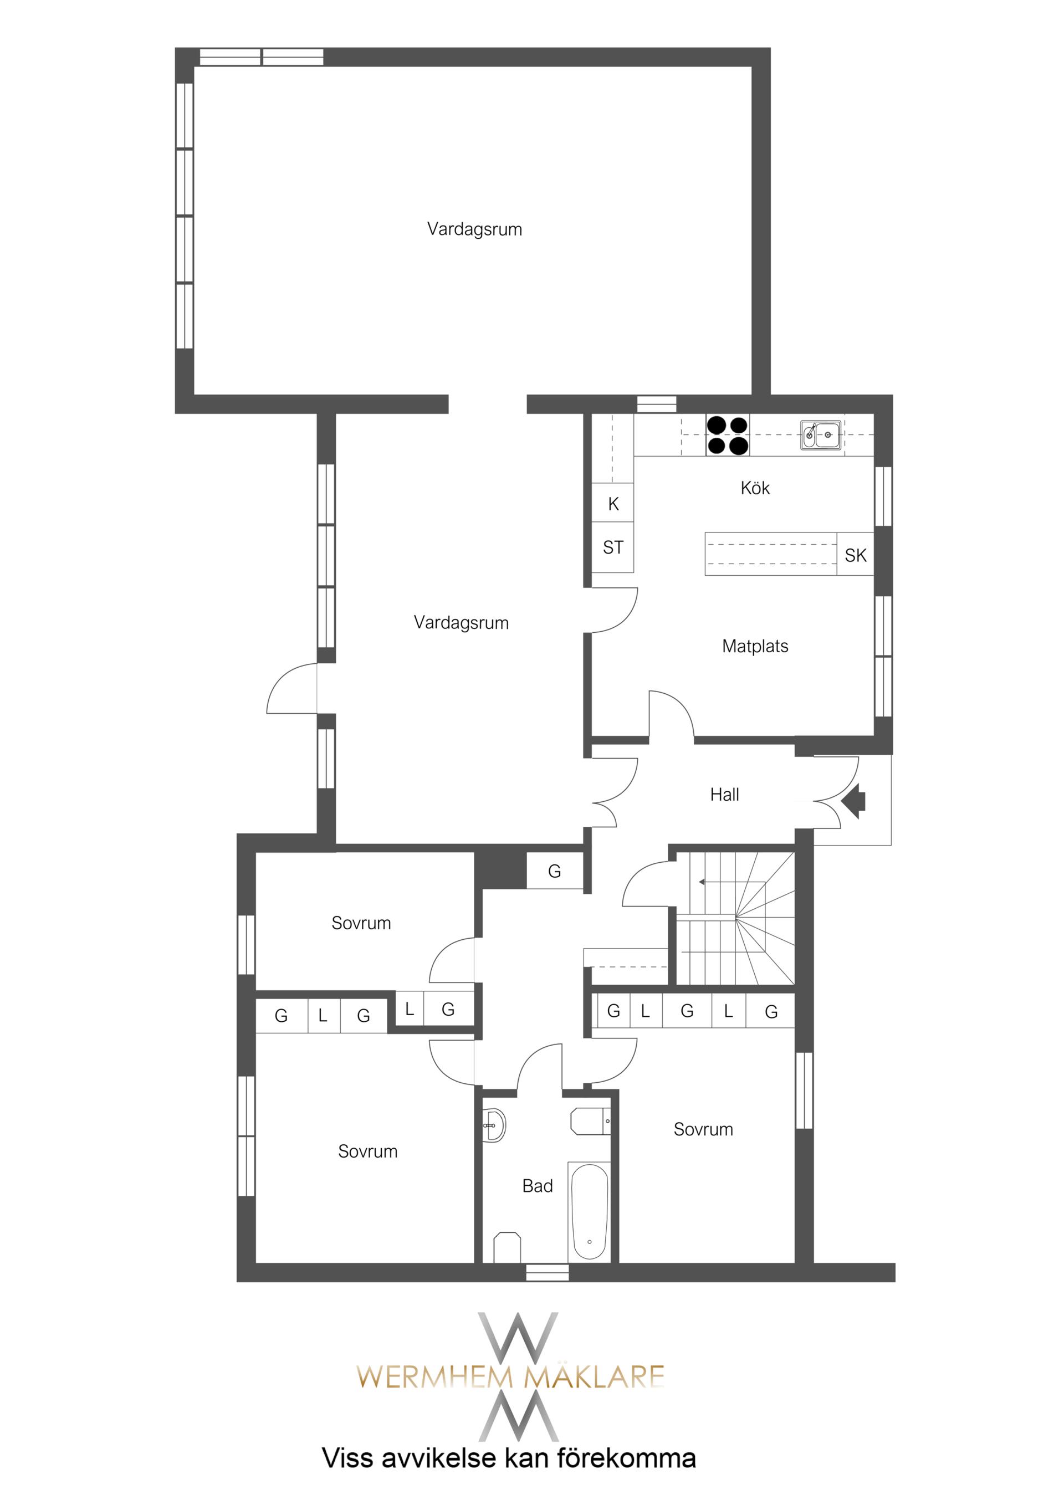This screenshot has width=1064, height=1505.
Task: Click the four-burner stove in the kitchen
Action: pyautogui.click(x=728, y=435)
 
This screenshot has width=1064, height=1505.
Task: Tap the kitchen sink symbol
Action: pyautogui.click(x=820, y=434)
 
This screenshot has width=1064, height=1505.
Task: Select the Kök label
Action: pyautogui.click(x=755, y=488)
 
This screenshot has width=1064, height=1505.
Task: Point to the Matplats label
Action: pyautogui.click(x=755, y=646)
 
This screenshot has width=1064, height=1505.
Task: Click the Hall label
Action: pyautogui.click(x=724, y=795)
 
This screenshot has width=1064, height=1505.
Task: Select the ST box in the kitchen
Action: pyautogui.click(x=613, y=547)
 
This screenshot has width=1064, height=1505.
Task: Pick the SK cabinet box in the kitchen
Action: pyautogui.click(x=856, y=555)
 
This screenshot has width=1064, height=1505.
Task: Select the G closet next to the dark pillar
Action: pyautogui.click(x=555, y=871)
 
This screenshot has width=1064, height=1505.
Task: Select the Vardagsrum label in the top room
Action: pyautogui.click(x=474, y=229)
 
